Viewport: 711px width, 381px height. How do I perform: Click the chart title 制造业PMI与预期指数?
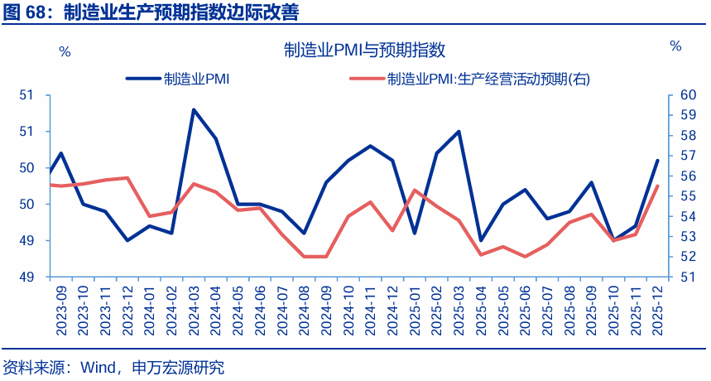tap(364, 51)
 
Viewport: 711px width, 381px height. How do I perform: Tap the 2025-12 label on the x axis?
tap(658, 311)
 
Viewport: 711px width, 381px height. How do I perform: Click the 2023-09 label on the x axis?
tap(61, 311)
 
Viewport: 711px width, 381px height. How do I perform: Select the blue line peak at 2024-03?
tap(194, 109)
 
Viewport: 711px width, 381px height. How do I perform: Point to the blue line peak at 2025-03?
tap(459, 132)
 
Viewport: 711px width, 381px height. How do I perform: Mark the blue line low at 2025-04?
tap(481, 240)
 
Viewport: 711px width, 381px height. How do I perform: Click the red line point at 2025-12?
tap(658, 186)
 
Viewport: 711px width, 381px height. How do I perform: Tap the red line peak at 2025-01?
tap(415, 190)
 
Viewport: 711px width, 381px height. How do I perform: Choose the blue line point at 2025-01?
tap(415, 233)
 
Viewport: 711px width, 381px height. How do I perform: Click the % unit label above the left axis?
tap(65, 51)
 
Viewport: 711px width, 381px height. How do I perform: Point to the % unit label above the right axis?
tap(675, 46)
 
